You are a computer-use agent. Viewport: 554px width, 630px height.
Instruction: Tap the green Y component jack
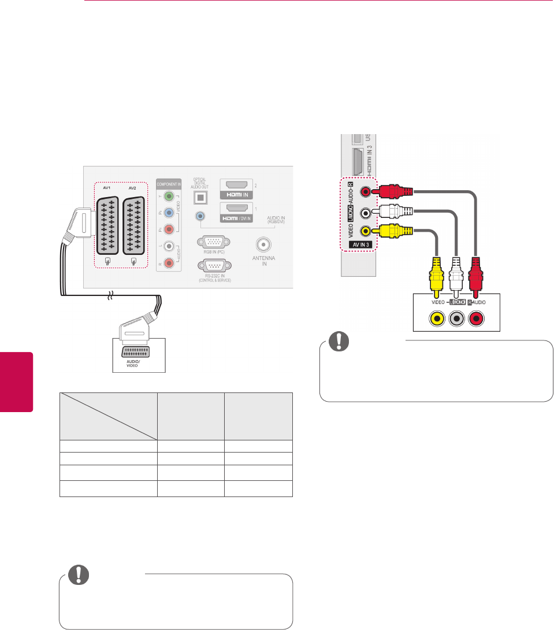tap(169, 198)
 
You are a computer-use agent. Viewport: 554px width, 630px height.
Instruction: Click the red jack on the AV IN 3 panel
tap(365, 192)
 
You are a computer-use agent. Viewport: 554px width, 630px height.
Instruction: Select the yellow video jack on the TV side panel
tap(365, 231)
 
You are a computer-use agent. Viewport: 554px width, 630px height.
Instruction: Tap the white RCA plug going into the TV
tap(392, 212)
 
